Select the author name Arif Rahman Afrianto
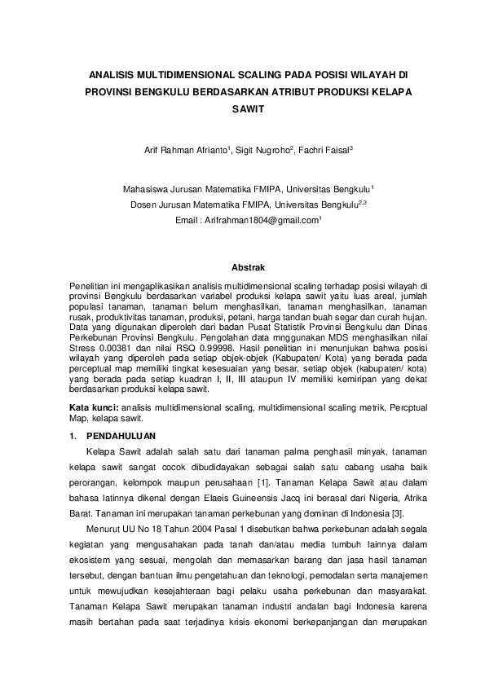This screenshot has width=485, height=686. (x=179, y=151)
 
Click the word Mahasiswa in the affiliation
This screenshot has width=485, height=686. (x=144, y=187)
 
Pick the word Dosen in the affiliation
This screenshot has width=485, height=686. (x=143, y=204)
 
